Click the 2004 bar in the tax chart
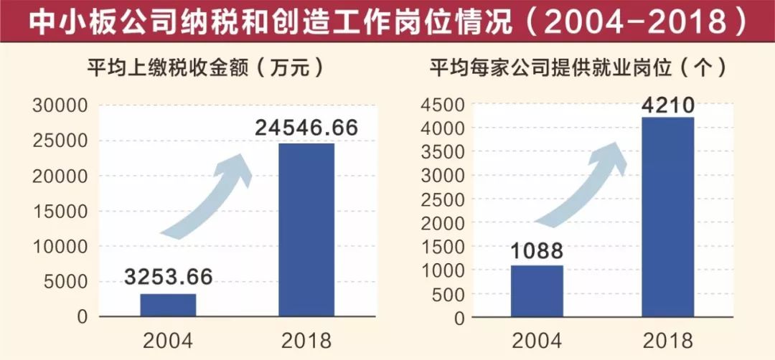tap(168, 305)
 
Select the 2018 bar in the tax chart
tap(306, 229)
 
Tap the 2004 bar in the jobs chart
tap(536, 291)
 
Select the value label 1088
tap(536, 251)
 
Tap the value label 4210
tap(667, 106)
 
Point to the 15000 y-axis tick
tap(60, 212)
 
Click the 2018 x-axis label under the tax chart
tap(306, 339)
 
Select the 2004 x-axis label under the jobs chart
tap(536, 339)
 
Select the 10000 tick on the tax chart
tap(60, 247)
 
